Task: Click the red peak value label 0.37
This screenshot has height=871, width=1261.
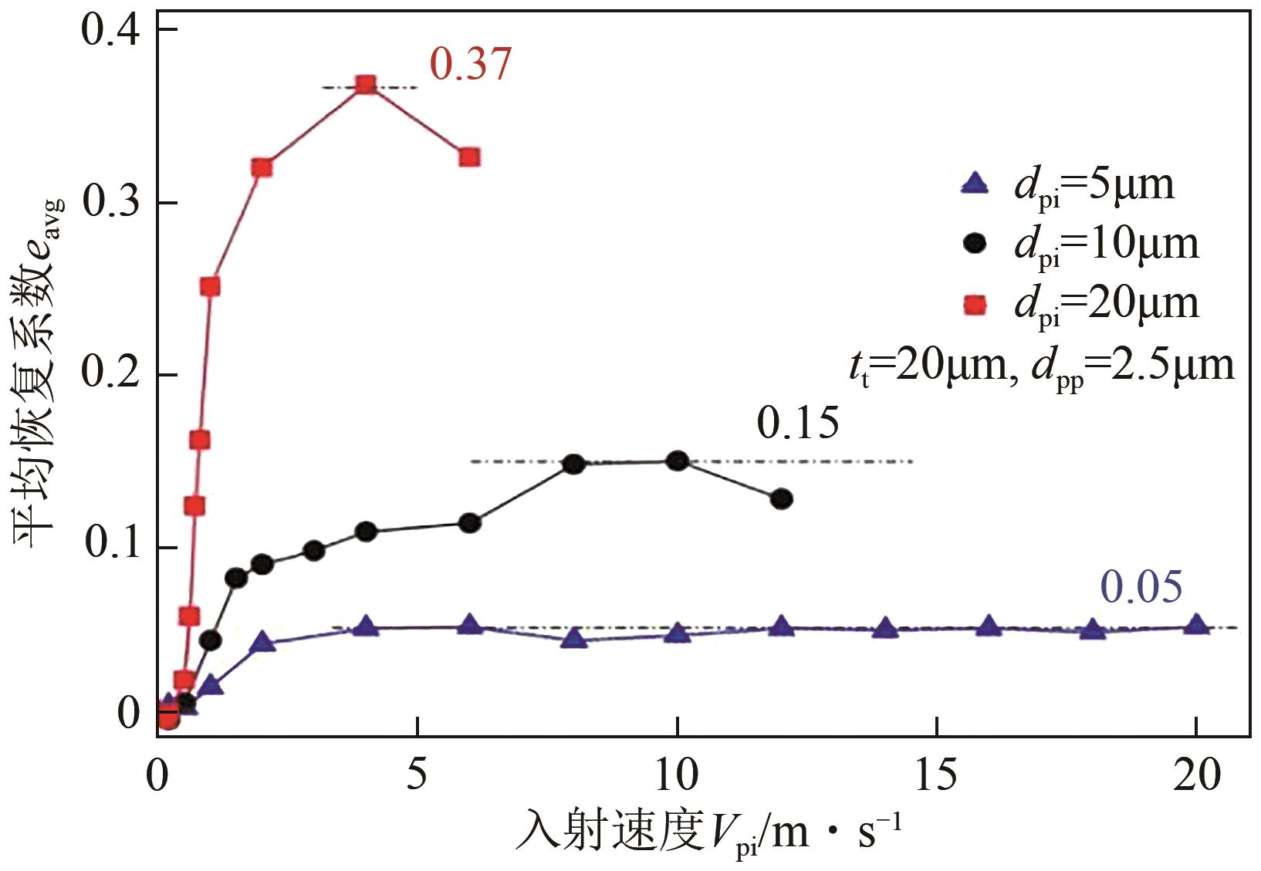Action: (x=470, y=64)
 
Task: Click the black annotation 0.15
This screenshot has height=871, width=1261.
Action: (x=797, y=423)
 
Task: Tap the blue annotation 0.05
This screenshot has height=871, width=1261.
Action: (x=1141, y=587)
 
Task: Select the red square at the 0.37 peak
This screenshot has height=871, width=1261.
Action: (x=366, y=85)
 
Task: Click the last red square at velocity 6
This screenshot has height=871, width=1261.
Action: (x=469, y=158)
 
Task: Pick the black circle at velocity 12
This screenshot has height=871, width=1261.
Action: (x=781, y=499)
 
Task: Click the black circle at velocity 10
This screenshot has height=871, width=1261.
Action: (x=677, y=461)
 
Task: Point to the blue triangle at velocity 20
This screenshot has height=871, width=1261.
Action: (x=1195, y=624)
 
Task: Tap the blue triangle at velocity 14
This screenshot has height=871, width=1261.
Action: (x=884, y=628)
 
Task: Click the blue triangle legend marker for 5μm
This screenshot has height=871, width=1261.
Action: (x=975, y=184)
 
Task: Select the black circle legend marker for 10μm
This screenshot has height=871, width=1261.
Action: (x=975, y=244)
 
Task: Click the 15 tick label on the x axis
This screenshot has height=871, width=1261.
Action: (x=936, y=776)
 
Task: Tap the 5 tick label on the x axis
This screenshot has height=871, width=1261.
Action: (x=417, y=776)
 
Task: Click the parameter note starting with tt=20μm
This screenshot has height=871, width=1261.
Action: (x=1041, y=365)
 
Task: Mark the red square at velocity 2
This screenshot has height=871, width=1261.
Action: (x=262, y=167)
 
